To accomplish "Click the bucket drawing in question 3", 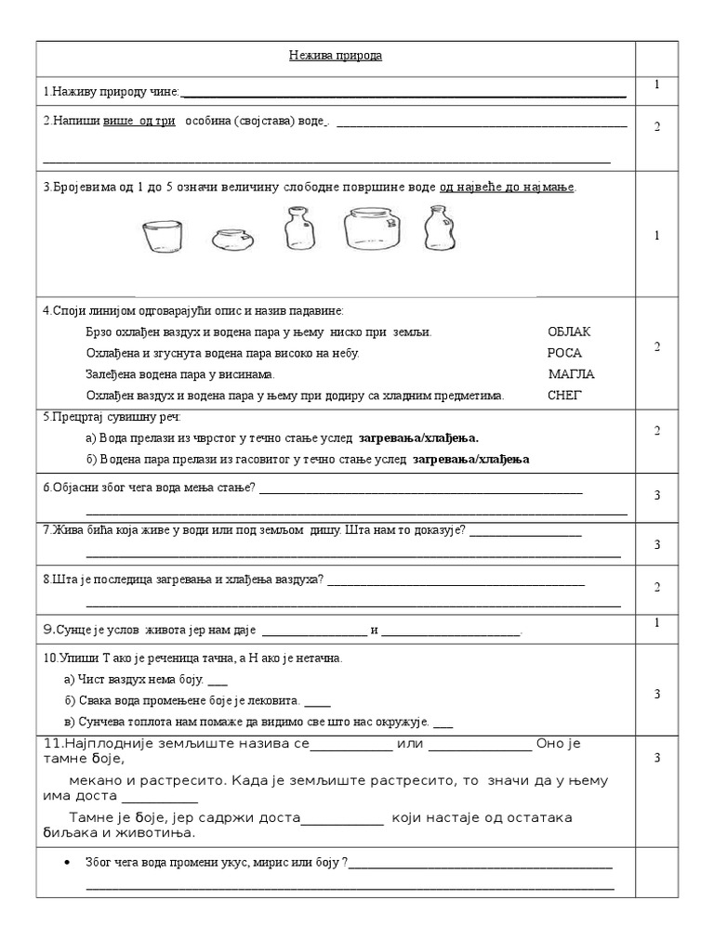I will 162,237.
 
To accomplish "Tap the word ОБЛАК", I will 569,332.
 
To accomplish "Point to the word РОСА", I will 563,354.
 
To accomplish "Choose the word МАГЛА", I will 571,374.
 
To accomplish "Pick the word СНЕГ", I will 564,396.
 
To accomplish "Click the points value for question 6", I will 656,495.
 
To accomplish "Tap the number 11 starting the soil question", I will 53,745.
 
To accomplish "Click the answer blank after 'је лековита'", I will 317,702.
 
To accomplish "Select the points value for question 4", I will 656,346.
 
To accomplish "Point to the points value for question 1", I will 656,85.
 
